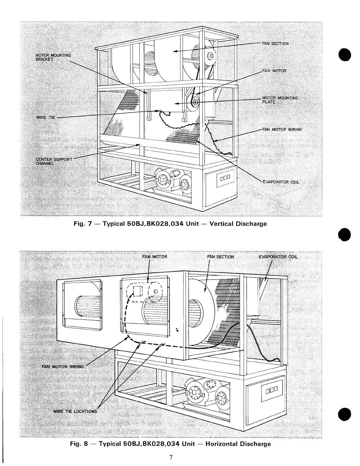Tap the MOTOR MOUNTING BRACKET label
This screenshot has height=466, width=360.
tap(49, 57)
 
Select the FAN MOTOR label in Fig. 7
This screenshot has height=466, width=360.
tap(274, 71)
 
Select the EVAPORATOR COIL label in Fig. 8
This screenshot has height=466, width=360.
tap(278, 257)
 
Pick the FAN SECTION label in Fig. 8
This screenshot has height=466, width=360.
tap(221, 257)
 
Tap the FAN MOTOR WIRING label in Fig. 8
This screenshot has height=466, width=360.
tap(63, 367)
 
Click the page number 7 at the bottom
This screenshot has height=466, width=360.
tap(171, 457)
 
